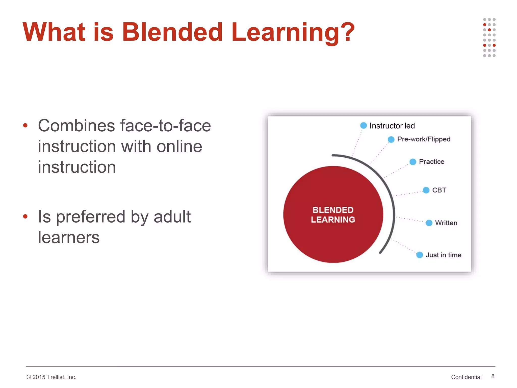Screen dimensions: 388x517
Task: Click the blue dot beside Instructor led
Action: (363, 126)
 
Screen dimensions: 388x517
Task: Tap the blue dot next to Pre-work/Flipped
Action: (391, 139)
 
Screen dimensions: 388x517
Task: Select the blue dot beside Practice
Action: (413, 162)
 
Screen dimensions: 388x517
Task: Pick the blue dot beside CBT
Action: (426, 190)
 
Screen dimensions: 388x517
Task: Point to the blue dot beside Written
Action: (429, 223)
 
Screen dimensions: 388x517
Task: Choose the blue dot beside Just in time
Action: (420, 255)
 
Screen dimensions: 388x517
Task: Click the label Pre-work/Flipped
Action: (424, 139)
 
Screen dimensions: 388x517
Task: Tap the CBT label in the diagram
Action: (439, 190)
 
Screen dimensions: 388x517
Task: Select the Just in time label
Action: (443, 255)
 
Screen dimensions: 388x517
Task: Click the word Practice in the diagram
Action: (431, 162)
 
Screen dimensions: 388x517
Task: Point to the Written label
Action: (446, 223)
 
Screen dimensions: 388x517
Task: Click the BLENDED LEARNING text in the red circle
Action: (333, 215)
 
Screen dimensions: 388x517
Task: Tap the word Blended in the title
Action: (172, 32)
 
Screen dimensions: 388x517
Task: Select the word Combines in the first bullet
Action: (76, 126)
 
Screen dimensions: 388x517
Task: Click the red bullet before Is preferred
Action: (25, 216)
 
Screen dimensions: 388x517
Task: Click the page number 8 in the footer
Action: (493, 376)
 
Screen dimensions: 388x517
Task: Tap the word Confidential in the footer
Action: (466, 377)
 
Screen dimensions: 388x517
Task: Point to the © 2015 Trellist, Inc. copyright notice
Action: (51, 377)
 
